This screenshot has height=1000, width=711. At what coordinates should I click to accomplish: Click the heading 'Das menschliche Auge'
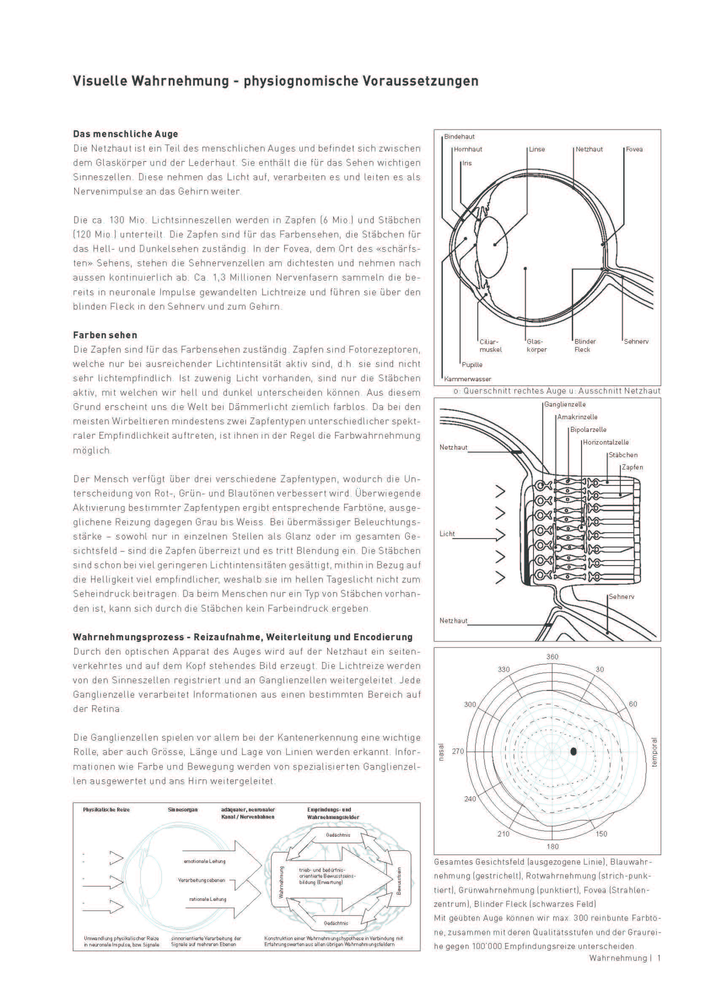[125, 134]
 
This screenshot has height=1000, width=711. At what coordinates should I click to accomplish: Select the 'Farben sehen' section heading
[105, 335]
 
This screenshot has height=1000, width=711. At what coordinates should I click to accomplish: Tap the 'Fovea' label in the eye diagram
[634, 149]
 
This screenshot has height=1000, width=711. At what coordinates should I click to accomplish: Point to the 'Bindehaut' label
[459, 137]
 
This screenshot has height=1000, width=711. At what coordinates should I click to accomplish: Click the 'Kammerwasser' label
[468, 379]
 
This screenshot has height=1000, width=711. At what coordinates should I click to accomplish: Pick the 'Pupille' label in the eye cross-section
[472, 365]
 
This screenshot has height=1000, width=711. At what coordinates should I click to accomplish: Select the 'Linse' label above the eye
[537, 149]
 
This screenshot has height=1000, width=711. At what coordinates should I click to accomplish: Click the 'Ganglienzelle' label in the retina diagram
[565, 404]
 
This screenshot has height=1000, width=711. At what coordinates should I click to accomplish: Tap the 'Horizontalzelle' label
[606, 442]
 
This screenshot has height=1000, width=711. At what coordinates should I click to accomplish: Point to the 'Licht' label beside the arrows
[447, 534]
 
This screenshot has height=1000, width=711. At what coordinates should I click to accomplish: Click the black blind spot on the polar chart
[574, 751]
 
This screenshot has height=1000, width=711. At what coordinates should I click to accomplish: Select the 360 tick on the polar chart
[552, 657]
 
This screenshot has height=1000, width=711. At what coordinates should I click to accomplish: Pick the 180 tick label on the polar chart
[552, 846]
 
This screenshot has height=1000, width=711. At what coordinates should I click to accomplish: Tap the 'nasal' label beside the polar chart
[441, 752]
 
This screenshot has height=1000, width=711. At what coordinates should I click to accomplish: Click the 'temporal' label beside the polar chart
[654, 752]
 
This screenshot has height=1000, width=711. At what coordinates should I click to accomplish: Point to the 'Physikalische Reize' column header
[106, 809]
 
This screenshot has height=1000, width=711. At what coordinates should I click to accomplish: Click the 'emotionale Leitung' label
[205, 861]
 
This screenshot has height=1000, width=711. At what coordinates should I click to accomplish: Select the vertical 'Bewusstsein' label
[399, 881]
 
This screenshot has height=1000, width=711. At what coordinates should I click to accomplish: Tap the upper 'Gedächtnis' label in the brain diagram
[338, 835]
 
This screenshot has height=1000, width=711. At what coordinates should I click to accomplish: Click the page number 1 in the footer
[658, 958]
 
